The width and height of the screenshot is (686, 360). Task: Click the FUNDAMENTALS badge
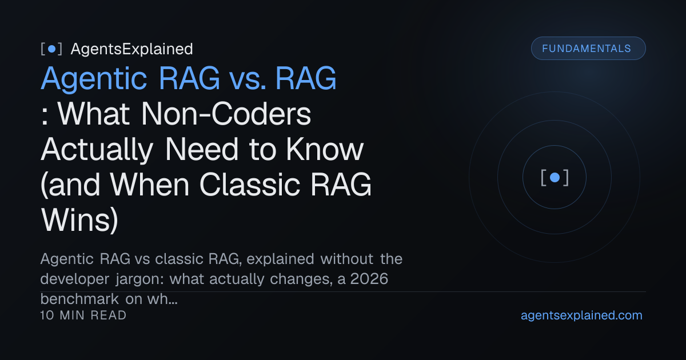click(588, 49)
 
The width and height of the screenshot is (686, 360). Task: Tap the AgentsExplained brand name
click(131, 49)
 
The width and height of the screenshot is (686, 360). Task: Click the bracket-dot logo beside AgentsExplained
click(51, 49)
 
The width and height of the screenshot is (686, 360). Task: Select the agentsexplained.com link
click(581, 315)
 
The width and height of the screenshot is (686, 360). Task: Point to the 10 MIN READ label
click(83, 315)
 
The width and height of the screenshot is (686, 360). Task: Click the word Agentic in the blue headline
click(94, 79)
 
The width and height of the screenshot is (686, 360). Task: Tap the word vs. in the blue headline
click(248, 79)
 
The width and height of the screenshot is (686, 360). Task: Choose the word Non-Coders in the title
click(226, 114)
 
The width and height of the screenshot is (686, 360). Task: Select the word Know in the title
click(325, 149)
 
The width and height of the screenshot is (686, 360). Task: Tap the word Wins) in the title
click(79, 220)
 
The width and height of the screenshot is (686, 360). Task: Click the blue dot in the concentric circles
click(555, 177)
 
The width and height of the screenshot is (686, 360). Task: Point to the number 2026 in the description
click(369, 279)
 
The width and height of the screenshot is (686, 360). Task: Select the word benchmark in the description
click(79, 299)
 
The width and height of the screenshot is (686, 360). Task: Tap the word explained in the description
click(280, 259)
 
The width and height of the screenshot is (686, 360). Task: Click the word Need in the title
click(201, 149)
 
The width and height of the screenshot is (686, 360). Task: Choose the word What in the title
click(94, 114)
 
